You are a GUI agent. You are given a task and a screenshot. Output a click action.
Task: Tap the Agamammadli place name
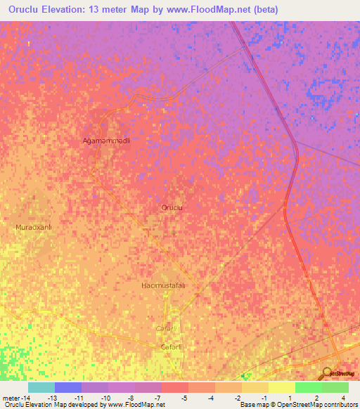[108, 141]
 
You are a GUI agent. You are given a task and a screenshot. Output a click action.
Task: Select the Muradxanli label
[34, 228]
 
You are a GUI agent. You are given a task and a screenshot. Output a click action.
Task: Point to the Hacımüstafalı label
[163, 285]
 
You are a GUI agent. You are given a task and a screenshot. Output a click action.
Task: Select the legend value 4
[343, 398]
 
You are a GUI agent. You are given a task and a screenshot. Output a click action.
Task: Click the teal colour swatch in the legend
[41, 387]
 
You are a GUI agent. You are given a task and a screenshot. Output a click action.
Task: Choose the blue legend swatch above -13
[68, 387]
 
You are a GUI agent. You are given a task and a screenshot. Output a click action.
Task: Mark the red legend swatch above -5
[175, 387]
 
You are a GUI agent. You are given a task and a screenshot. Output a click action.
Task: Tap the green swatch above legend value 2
[309, 387]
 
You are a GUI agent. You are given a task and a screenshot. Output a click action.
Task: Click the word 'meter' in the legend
[11, 398]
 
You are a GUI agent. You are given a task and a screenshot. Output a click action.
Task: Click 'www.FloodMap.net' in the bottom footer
[141, 405]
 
